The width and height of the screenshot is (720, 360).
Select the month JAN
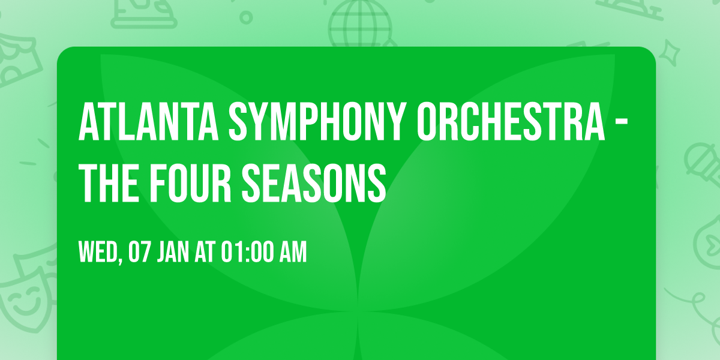tap(173, 252)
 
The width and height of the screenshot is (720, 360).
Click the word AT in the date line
tap(205, 252)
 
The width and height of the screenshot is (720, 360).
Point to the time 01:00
tap(247, 252)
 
